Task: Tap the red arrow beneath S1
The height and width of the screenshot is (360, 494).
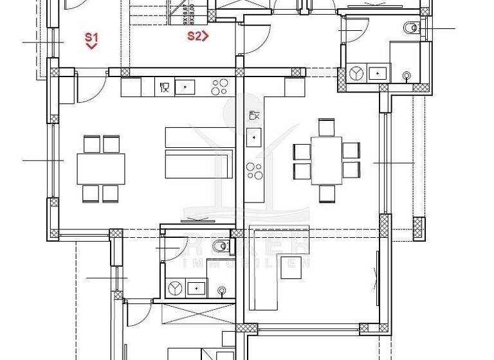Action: click(91, 46)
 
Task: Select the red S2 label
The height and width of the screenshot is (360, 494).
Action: click(194, 36)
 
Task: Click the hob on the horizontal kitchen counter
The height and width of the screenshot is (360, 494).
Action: click(220, 86)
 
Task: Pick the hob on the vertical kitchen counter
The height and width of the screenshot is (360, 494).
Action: click(255, 172)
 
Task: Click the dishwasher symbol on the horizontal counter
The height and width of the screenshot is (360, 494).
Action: click(164, 86)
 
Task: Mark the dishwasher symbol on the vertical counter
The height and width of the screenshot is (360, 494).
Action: click(254, 116)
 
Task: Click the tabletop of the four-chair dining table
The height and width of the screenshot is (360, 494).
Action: click(101, 168)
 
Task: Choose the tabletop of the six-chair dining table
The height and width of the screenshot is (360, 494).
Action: click(326, 160)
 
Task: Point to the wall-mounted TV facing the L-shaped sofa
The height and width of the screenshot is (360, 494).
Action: click(378, 271)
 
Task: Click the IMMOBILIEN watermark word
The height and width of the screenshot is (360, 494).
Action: click(248, 262)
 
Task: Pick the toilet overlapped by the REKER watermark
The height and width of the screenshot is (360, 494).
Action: click(222, 245)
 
